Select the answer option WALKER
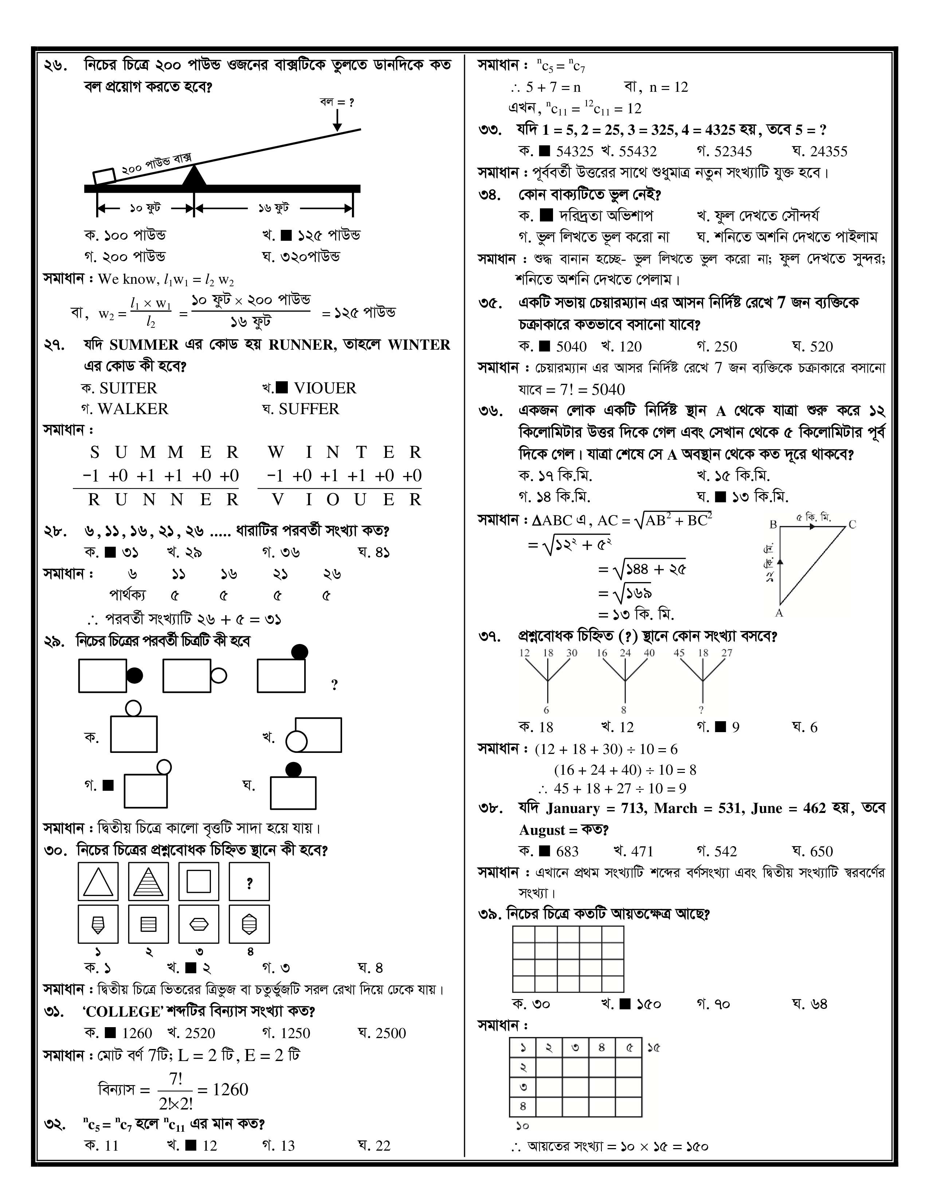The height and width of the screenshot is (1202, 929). pos(133,409)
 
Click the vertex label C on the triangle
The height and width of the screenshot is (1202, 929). pos(852,525)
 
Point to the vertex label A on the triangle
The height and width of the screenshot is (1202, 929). pos(779,613)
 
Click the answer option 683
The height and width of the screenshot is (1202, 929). pos(567,852)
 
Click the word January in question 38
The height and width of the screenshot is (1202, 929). pos(573,809)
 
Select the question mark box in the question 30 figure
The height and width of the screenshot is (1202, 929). pos(249,882)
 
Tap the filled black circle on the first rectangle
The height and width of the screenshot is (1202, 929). pos(135,675)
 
